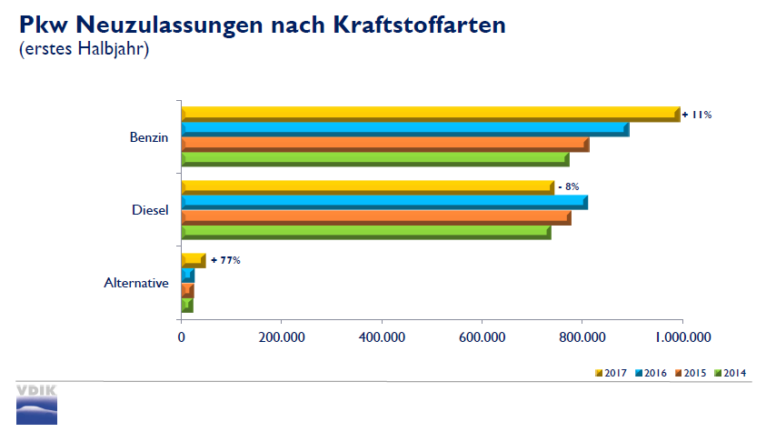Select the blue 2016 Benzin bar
[x=404, y=129]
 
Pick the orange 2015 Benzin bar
[x=384, y=145]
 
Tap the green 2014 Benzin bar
[x=374, y=160]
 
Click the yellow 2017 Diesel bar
[x=367, y=187]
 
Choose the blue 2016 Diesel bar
[x=383, y=202]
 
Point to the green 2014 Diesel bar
[x=365, y=233]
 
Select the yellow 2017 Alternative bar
[x=193, y=260]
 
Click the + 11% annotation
[x=697, y=115]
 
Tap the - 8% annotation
[x=568, y=186]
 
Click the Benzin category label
[x=149, y=137]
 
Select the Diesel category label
[x=150, y=210]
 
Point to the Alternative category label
[x=136, y=283]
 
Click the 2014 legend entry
[x=731, y=373]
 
